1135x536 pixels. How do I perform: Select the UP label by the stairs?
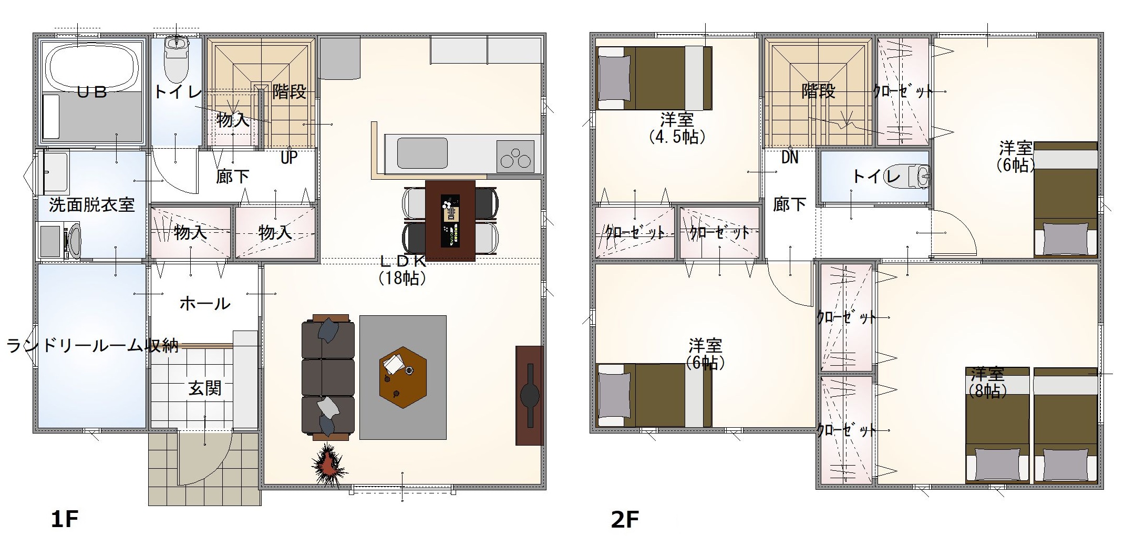(289, 157)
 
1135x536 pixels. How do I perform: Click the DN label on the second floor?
(790, 157)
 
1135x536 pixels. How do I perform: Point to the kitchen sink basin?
(422, 153)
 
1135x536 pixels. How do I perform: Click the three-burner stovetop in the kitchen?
(515, 156)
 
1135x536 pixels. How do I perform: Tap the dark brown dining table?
(450, 221)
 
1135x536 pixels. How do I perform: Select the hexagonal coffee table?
(403, 377)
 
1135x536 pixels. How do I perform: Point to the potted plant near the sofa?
(328, 465)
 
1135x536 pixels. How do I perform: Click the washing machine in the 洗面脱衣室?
(59, 241)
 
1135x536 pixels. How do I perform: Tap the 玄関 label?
(205, 388)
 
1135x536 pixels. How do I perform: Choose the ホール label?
(205, 303)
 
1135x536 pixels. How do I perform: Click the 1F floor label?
(65, 519)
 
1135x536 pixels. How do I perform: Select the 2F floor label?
(625, 519)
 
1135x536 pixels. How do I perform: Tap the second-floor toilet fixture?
(919, 176)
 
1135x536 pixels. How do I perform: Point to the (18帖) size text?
(402, 278)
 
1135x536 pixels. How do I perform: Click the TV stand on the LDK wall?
(529, 395)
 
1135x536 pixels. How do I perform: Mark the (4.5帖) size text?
(677, 137)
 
